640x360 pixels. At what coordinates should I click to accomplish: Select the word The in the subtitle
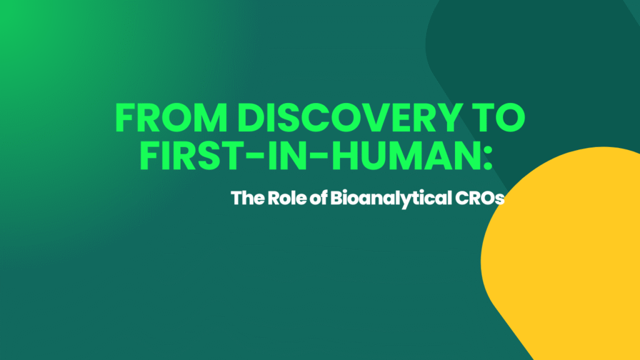(x=246, y=199)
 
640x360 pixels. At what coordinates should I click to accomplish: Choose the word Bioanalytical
(x=386, y=199)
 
